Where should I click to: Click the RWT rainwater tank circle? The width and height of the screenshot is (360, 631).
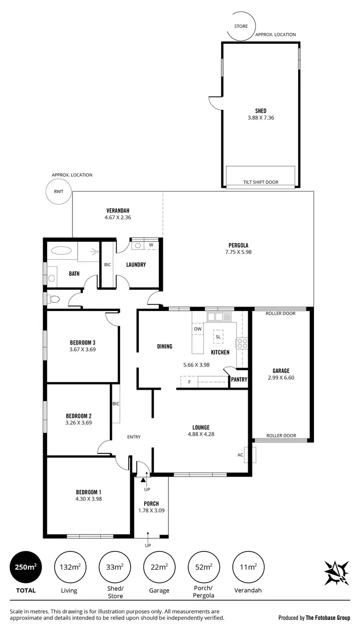[58, 192]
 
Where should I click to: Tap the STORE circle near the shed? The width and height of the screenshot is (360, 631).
[241, 26]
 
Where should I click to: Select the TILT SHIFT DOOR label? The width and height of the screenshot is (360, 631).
[261, 182]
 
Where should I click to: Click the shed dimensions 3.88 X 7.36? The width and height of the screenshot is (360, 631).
[261, 118]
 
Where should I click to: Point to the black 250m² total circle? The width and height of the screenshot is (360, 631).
[25, 567]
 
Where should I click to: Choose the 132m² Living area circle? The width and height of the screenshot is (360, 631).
[70, 567]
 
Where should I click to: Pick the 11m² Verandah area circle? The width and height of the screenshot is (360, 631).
[248, 567]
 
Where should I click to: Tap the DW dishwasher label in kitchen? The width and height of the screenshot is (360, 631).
[197, 329]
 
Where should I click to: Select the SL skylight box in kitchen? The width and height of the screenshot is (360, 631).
[218, 336]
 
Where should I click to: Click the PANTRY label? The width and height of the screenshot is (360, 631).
[239, 380]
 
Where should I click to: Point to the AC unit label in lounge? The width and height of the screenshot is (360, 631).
[240, 455]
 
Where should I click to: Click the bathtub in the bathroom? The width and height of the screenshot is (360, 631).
[61, 250]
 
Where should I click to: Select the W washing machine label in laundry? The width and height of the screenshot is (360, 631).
[151, 245]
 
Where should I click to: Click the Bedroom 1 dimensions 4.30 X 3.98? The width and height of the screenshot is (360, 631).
[89, 499]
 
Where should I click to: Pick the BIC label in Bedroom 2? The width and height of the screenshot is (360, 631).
[116, 404]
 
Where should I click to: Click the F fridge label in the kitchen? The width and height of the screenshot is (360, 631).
[190, 382]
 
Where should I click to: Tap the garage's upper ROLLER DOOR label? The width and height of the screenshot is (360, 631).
[281, 313]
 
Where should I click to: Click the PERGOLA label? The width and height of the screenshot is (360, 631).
[238, 245]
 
